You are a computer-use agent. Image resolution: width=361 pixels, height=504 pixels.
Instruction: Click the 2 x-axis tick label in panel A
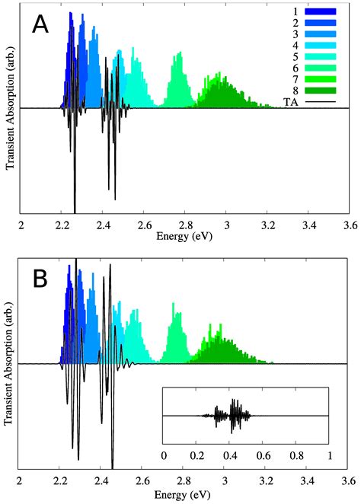point(21,225)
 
